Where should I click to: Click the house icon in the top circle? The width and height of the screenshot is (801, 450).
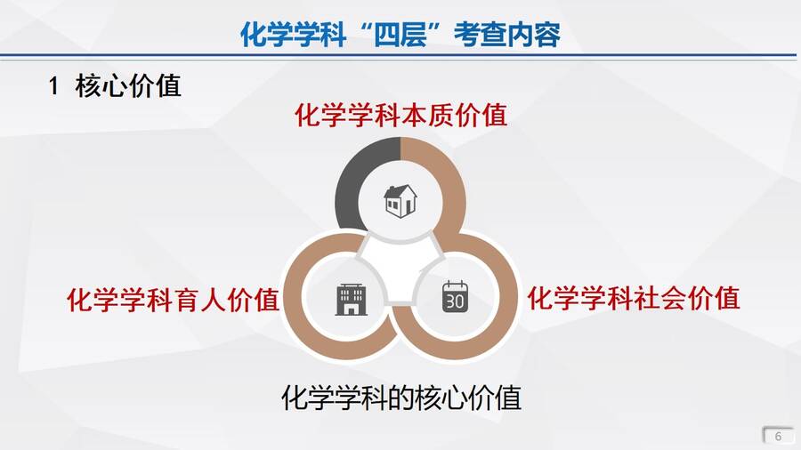(x=400, y=200)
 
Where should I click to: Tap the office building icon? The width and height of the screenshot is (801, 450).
(x=351, y=300)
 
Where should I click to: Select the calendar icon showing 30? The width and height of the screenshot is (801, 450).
(x=455, y=296)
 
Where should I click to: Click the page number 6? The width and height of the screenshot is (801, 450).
(x=778, y=437)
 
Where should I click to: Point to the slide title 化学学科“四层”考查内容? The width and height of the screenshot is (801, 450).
(x=400, y=35)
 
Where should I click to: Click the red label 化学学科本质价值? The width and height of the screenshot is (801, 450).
(x=401, y=115)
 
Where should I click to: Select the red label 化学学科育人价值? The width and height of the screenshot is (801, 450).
(x=174, y=300)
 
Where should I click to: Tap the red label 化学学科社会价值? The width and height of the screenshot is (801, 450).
(x=634, y=298)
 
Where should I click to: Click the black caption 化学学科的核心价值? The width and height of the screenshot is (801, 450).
(x=401, y=398)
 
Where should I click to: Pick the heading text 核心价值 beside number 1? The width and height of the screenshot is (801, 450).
(x=128, y=85)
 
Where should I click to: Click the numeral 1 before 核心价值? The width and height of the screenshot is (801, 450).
(x=53, y=85)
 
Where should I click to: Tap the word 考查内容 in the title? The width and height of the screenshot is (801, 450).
(x=506, y=35)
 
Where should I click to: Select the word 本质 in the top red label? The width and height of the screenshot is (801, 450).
(x=427, y=115)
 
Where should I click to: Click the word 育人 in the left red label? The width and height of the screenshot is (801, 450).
(x=199, y=300)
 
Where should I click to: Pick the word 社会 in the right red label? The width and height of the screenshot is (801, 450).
(x=660, y=298)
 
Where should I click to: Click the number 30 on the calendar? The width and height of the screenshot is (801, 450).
(x=455, y=301)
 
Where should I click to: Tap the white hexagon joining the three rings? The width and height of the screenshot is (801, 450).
(x=400, y=268)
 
